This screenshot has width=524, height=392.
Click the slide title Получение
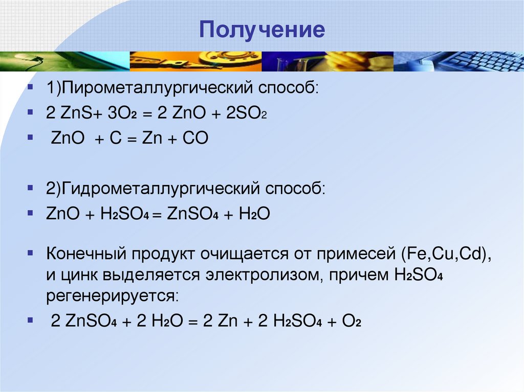point(261,30)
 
